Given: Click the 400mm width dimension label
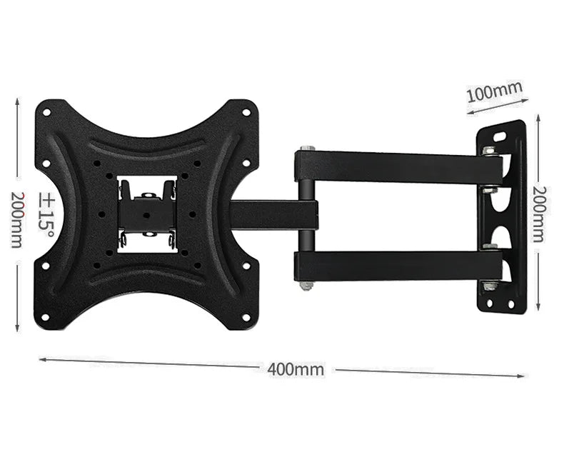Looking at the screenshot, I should [296, 369].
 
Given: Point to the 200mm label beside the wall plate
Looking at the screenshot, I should [540, 214].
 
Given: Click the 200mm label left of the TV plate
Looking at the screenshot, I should [17, 219].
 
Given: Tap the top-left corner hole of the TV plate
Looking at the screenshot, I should [46, 112].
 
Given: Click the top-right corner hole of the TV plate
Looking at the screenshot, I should [246, 112].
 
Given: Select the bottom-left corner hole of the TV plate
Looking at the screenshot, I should [46, 316].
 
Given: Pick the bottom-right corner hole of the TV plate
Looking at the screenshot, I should [245, 316].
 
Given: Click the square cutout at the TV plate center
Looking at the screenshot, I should [147, 214].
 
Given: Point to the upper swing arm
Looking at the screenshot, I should [400, 166].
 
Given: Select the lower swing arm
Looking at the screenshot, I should [400, 265].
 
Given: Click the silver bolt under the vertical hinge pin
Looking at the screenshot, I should [307, 286].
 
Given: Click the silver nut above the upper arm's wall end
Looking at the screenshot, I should [490, 151].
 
